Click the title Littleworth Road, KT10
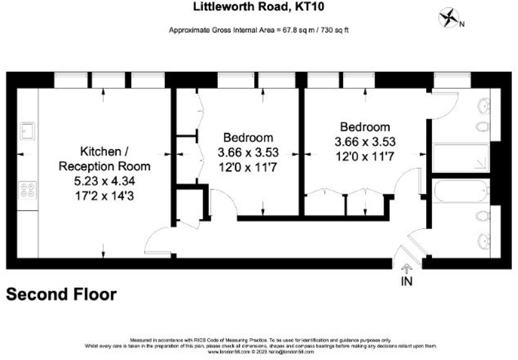[x=259, y=7]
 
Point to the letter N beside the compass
[x=462, y=24]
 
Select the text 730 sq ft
[x=334, y=30]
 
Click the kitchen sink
[x=28, y=131]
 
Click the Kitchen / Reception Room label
[x=104, y=159]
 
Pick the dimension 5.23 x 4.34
[x=104, y=181]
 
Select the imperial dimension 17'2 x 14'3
[x=104, y=196]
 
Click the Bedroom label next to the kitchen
[x=248, y=138]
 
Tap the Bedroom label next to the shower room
[x=365, y=127]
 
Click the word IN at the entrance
[x=406, y=281]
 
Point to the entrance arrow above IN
[x=406, y=269]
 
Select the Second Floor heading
[x=61, y=294]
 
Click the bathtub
[x=461, y=191]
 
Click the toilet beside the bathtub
[x=483, y=216]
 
